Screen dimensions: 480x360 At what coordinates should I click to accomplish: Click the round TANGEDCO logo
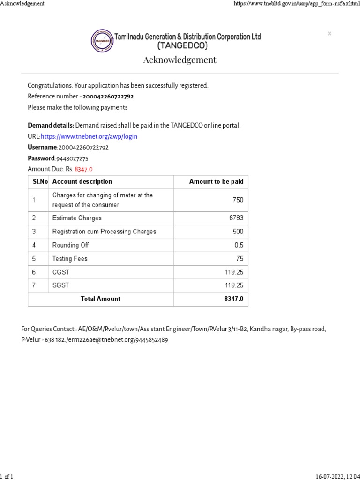102,41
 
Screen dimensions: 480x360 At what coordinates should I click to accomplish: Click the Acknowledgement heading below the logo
180,60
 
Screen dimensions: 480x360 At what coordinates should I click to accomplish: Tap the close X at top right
330,34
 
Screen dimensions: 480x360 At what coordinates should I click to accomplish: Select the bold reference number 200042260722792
108,97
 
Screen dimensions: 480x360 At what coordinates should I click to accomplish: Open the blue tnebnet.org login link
89,136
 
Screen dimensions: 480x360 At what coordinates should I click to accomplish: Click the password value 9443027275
72,158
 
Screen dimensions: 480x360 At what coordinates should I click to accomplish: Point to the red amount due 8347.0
84,169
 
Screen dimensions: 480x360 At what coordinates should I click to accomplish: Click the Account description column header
82,181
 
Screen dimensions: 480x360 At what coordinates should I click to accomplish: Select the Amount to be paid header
216,181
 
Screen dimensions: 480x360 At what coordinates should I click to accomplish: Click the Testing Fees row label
70,259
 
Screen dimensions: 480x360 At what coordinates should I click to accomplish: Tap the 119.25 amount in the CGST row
234,272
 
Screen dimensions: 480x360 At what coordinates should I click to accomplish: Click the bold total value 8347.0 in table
234,299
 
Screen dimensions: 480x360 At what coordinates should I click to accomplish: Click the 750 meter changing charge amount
238,200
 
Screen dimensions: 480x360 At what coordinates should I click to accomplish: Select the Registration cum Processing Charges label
104,232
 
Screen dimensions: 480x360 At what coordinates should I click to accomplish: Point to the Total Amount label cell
100,299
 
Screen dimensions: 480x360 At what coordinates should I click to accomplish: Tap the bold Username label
42,147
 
